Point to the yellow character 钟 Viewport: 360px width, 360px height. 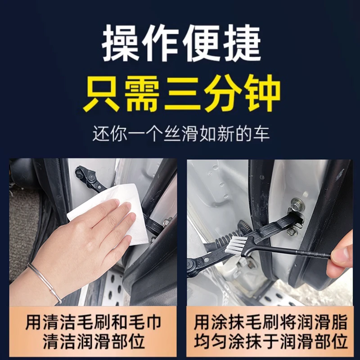point(261,95)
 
